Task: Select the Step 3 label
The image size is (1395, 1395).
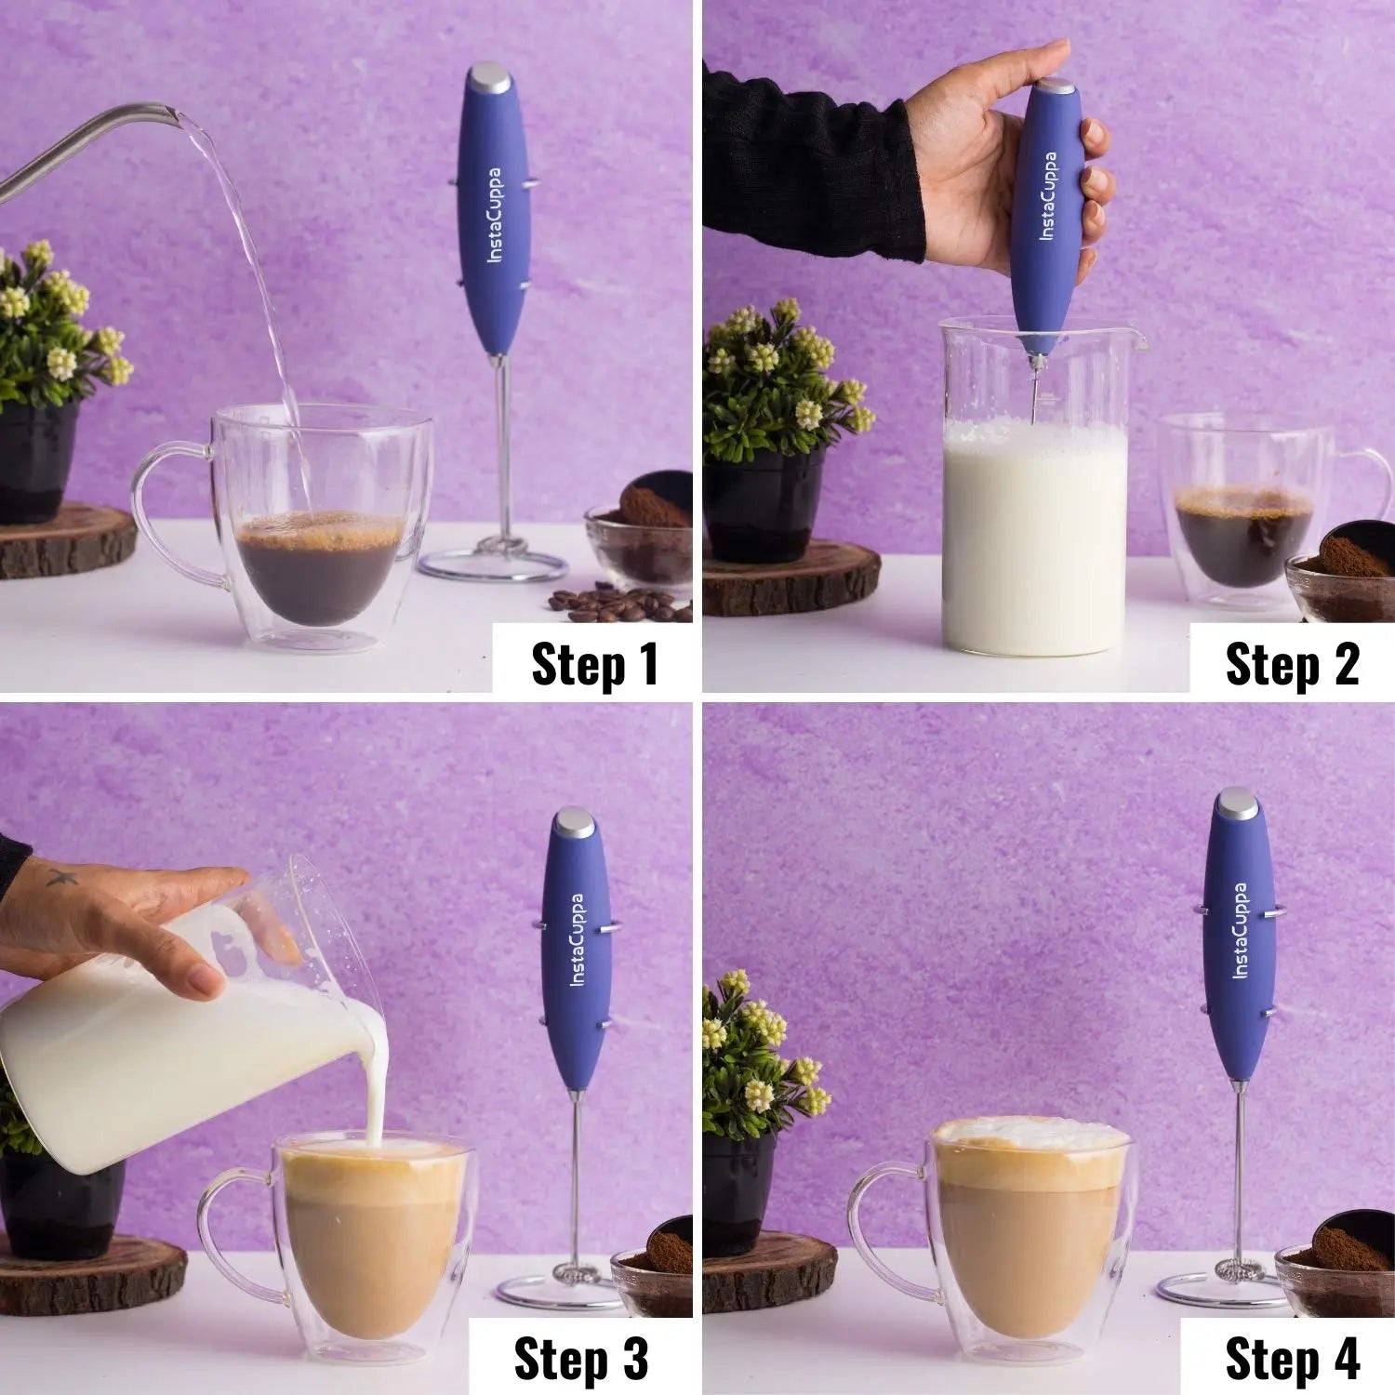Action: click(579, 1359)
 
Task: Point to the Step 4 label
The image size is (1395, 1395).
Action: click(1292, 1359)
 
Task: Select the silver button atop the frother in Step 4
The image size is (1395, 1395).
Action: click(1236, 801)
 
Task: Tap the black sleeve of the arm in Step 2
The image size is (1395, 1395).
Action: click(809, 167)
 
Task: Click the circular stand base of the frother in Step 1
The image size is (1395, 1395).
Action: click(493, 565)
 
